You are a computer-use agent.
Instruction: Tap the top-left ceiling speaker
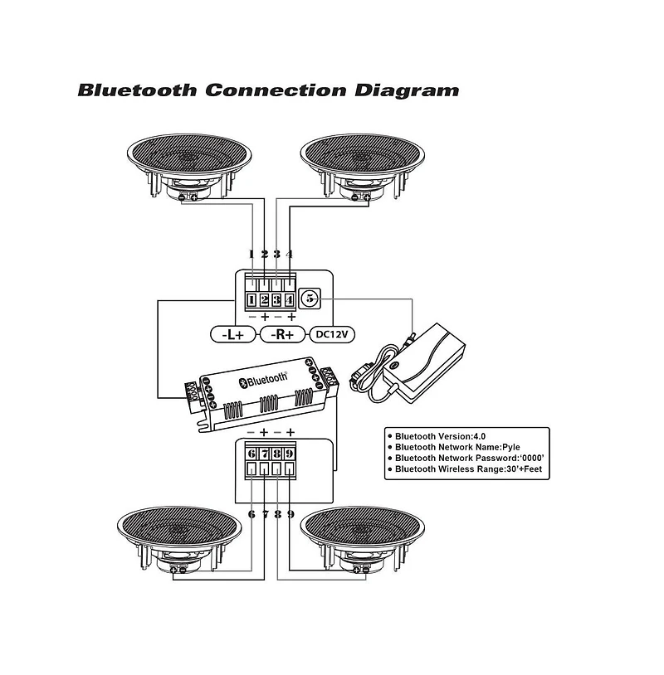point(189,162)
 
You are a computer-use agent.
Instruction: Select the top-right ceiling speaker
point(363,162)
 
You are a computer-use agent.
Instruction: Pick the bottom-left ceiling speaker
point(179,535)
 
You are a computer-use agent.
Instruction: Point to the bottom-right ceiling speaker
point(363,535)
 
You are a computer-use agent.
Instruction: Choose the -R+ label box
point(284,335)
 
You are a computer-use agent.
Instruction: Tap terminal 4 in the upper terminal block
point(290,300)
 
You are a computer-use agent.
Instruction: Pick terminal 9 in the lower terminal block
point(290,454)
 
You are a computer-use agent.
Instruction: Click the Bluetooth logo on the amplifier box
point(262,380)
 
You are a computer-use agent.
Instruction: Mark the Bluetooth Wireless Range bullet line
point(466,469)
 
